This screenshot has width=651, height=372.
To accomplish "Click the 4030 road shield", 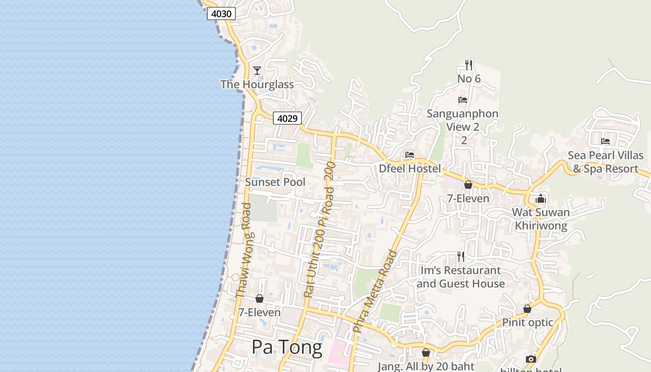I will coord(221,14).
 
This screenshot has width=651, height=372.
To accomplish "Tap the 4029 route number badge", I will coord(287,119).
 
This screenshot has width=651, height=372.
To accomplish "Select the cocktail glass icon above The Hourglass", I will coord(257,71).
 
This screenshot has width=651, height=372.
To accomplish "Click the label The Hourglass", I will coord(257,85).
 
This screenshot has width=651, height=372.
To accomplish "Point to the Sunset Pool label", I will coord(275,182).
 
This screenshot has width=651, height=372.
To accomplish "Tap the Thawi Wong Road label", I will coord(244,250).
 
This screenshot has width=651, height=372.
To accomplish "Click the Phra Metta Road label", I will coord(375,291).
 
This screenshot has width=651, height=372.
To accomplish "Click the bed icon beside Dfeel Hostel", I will coord(410,155).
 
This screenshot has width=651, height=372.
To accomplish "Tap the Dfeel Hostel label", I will coord(410,169).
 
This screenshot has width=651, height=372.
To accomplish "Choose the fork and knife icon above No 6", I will coord(469,65).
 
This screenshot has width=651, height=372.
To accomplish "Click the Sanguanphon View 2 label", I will coord(463,120).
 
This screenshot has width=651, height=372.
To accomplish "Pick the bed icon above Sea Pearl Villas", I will coord(605,141).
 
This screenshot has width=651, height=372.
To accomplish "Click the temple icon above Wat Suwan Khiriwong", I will coord(541,199).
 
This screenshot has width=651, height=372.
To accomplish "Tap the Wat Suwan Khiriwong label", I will coord(541,219).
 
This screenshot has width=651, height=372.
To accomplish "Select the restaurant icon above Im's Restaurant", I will coord(461,257).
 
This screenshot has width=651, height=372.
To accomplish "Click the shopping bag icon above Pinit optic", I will coord(527,309).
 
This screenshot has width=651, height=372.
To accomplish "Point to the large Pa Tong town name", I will coord(287,347).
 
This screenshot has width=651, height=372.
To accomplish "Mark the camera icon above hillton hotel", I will coord(531,359).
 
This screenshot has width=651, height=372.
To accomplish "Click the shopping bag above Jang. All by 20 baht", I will coord(426,353).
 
